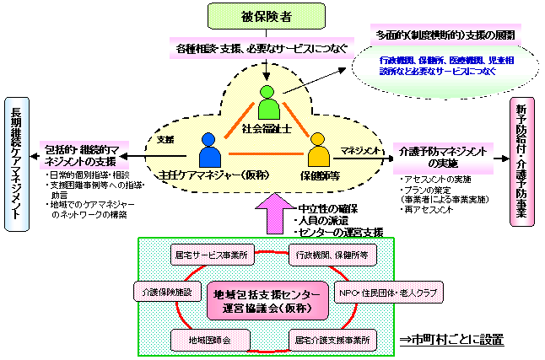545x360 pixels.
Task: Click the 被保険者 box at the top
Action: point(267,15)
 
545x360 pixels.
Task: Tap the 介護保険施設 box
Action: point(164,291)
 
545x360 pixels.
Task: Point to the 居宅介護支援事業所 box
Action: point(331,339)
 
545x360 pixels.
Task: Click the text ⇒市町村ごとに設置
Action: point(451,341)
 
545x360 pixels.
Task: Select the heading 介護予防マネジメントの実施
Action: point(440,156)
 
